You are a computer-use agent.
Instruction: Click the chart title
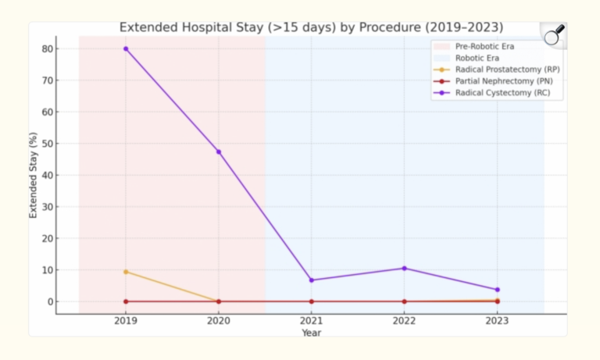[x=311, y=27]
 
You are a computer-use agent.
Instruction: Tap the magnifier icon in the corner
[x=554, y=34]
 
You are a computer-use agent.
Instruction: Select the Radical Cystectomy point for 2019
[x=126, y=48]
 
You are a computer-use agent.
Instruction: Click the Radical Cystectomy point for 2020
[x=219, y=151]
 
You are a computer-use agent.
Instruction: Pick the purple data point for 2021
[x=312, y=280]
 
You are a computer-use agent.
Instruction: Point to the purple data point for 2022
[x=404, y=269]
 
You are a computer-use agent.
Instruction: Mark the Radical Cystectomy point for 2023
[x=497, y=290]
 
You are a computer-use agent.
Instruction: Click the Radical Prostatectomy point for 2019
[x=126, y=272]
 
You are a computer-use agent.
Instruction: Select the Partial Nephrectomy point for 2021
[x=312, y=301]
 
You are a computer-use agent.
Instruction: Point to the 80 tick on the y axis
[x=48, y=48]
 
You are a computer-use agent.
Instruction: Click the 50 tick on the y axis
[x=48, y=144]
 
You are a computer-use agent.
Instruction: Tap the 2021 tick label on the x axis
[x=312, y=320]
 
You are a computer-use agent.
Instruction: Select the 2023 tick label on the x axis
[x=497, y=320]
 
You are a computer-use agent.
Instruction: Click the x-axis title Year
[x=311, y=333]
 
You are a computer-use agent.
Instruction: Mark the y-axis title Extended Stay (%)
[x=34, y=175]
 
